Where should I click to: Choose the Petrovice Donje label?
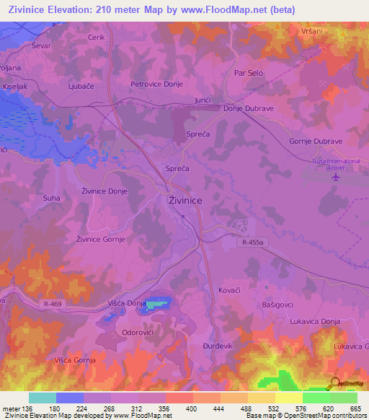pyautogui.click(x=156, y=84)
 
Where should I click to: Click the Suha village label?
pyautogui.click(x=51, y=196)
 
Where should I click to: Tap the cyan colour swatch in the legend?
pyautogui.click(x=43, y=398)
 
